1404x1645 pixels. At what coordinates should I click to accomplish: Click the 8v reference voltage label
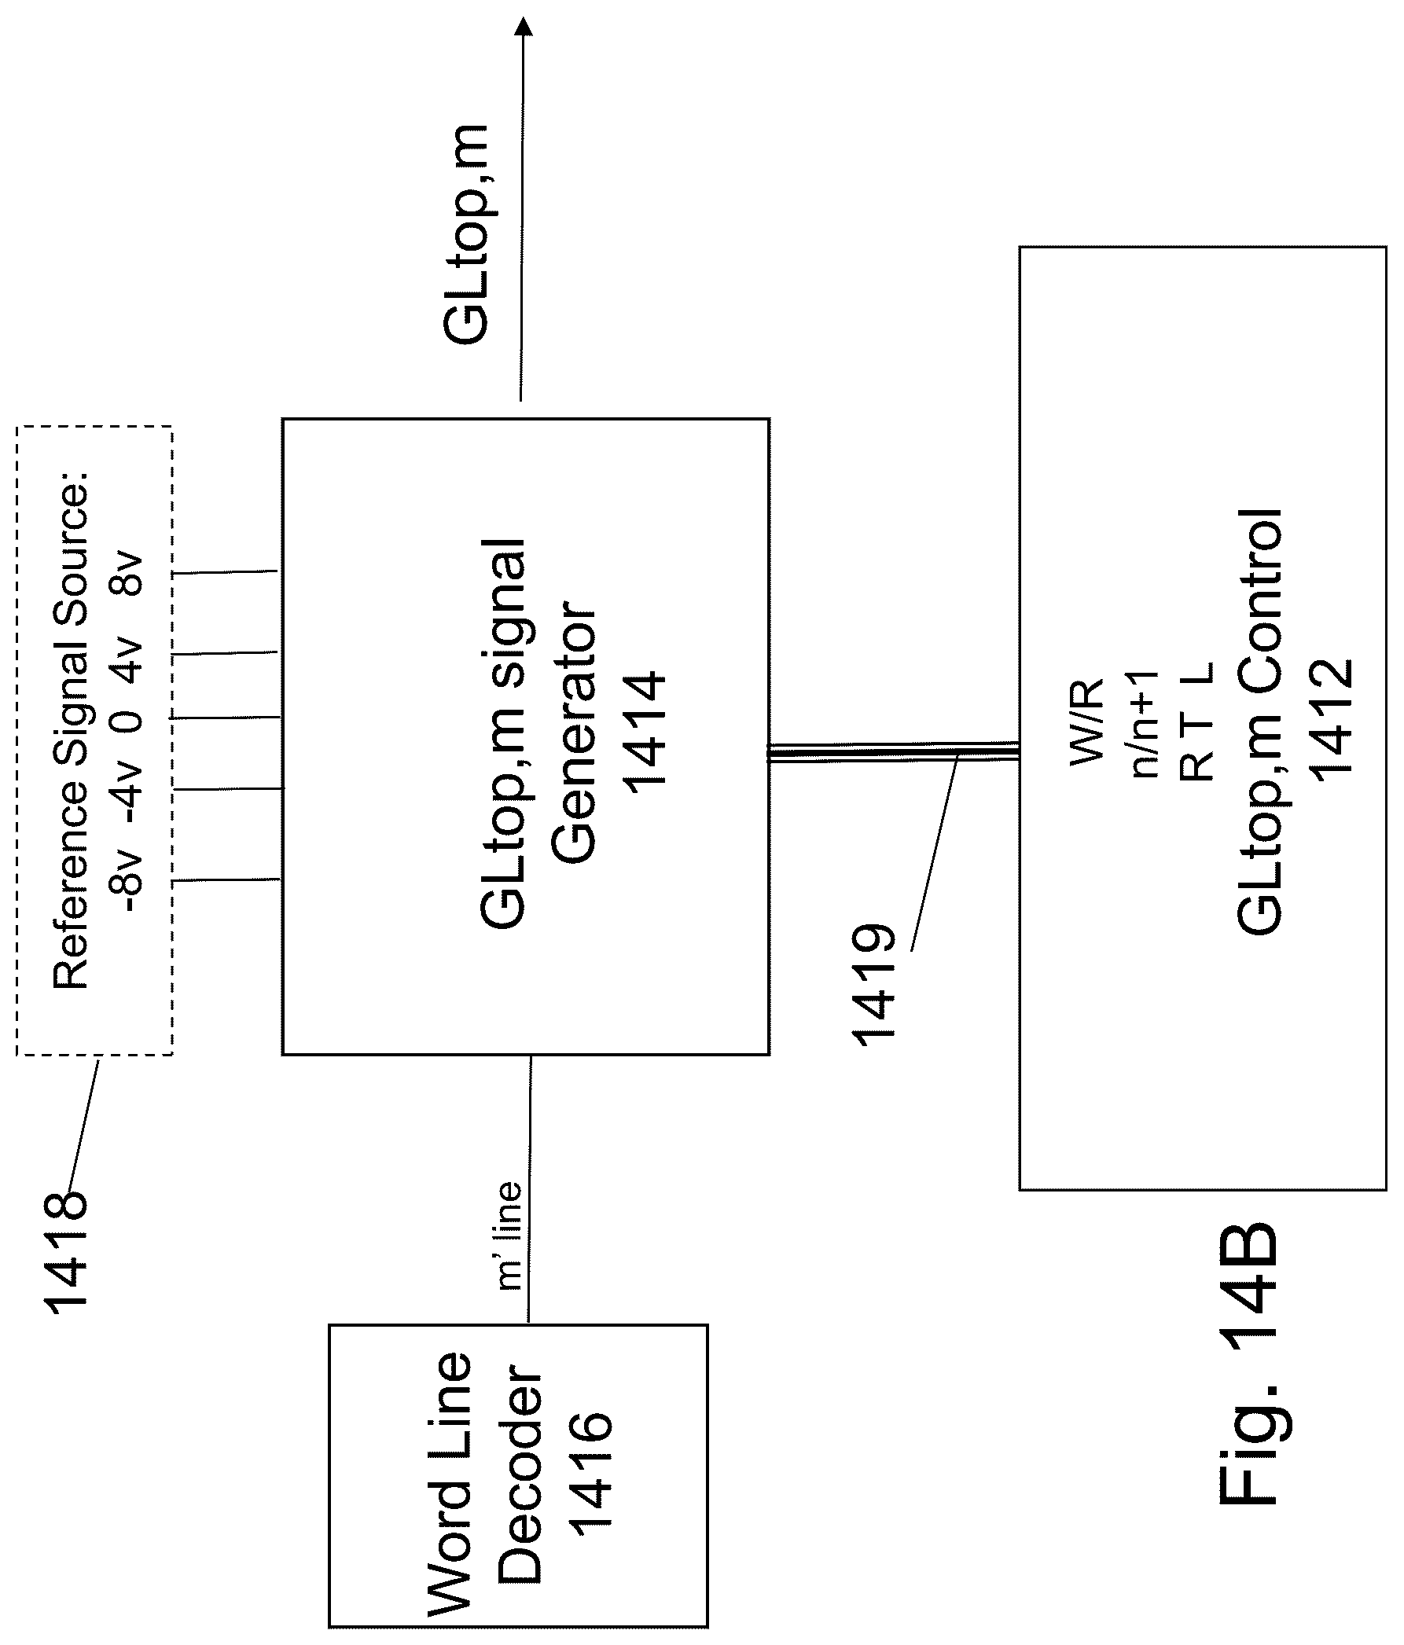pos(127,573)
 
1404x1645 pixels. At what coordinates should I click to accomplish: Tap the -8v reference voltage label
pos(127,881)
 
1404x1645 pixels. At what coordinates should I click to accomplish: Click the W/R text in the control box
pos(1086,722)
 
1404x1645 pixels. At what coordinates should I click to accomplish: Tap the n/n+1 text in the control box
pos(1145,723)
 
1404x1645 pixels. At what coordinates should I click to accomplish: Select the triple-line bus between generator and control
pos(894,752)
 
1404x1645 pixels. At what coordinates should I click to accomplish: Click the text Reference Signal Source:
pos(71,731)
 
